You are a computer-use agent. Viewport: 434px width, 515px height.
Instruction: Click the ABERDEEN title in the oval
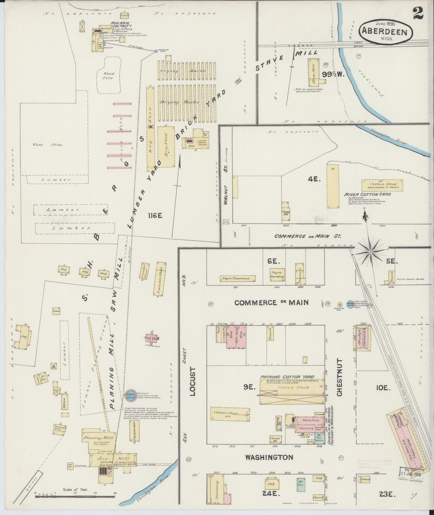pos(386,31)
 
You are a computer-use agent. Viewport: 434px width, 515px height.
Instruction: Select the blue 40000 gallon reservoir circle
pos(130,395)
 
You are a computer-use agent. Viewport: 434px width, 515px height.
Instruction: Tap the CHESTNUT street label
pos(339,377)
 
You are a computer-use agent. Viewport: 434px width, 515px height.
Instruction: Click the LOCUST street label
pos(193,381)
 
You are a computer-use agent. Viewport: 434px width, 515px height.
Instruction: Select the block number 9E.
pos(249,388)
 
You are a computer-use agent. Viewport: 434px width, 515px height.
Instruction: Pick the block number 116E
pos(155,215)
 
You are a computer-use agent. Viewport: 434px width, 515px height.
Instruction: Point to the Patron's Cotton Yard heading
pos(287,377)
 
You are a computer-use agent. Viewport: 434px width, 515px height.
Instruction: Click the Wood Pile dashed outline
pos(108,74)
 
